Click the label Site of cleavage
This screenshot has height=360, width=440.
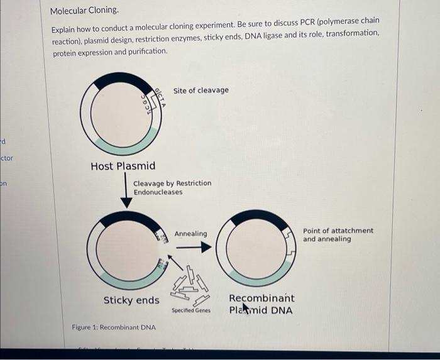pos(201,90)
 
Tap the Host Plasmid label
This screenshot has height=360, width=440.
pos(123,166)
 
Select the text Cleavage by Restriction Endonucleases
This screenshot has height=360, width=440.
pos(172,187)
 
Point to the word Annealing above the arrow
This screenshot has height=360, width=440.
pos(190,234)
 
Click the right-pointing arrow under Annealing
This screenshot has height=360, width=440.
pos(195,247)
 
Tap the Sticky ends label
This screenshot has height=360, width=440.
pos(131,300)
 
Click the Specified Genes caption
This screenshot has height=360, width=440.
pos(190,311)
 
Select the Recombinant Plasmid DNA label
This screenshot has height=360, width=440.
pos(261,304)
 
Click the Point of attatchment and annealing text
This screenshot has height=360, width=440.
pos(338,235)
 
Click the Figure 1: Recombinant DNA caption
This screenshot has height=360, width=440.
pos(114,328)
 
